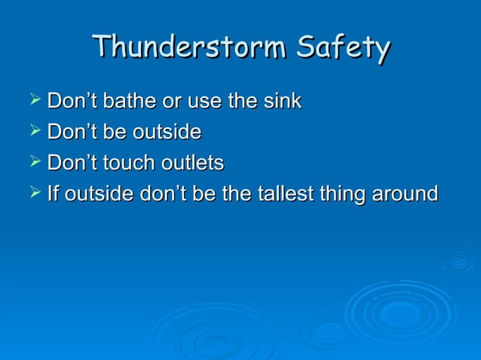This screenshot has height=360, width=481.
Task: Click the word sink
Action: [x=283, y=101]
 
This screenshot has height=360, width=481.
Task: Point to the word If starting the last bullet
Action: [x=53, y=194]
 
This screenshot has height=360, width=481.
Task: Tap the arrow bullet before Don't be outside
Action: [x=34, y=131]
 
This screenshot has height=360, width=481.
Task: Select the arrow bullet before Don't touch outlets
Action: [x=34, y=162]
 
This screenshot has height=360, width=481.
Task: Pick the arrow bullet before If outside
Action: [x=34, y=194]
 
